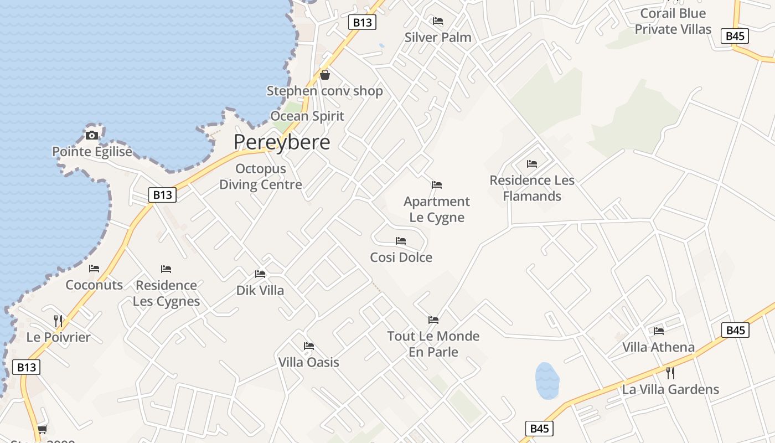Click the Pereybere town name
click(x=282, y=142)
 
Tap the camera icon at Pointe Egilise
click(x=92, y=135)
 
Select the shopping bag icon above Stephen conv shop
click(x=325, y=74)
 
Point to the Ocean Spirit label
click(x=307, y=116)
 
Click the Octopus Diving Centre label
click(x=261, y=177)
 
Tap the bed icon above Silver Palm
click(x=438, y=21)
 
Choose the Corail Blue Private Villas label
click(x=673, y=21)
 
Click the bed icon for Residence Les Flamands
click(x=532, y=163)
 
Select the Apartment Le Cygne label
click(x=437, y=209)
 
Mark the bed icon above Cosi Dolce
click(x=401, y=241)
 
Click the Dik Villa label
click(x=260, y=290)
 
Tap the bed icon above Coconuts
click(x=94, y=269)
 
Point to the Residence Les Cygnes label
click(x=167, y=293)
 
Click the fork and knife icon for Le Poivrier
click(x=58, y=321)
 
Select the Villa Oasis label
click(x=309, y=362)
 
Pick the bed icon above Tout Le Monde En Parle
click(x=433, y=320)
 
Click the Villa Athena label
click(x=658, y=347)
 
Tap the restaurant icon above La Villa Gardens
click(x=670, y=373)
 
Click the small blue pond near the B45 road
click(x=547, y=381)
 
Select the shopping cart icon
click(x=43, y=429)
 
